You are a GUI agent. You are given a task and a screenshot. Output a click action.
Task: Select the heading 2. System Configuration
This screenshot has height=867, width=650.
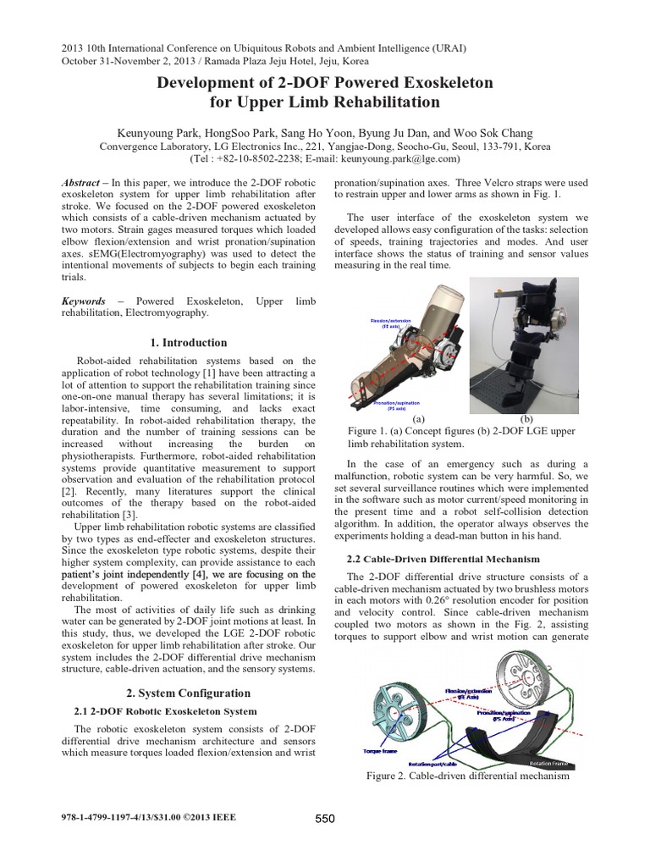(188, 693)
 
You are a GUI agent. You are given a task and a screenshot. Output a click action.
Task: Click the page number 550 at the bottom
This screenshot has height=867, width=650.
(325, 818)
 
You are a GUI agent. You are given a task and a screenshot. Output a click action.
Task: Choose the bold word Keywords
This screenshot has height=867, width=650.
(84, 301)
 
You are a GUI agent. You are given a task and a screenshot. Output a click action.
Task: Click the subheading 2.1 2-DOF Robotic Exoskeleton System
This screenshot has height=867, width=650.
(166, 711)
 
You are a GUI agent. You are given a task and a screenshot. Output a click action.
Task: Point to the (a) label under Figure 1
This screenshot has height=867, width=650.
(418, 418)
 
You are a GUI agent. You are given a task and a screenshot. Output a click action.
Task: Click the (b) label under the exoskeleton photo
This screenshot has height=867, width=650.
(526, 418)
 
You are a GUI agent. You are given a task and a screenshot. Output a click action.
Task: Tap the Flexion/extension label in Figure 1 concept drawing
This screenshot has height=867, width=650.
(388, 323)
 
